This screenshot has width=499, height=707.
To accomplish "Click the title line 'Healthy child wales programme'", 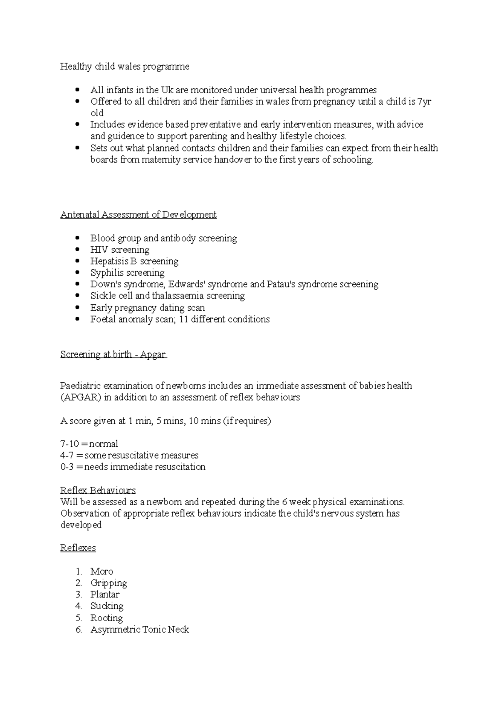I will click(125, 67).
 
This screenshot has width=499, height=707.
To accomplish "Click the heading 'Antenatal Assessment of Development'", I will click(138, 215).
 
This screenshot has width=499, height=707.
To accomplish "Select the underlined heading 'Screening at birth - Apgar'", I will click(113, 355).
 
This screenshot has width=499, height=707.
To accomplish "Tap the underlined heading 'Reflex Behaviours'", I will click(98, 490).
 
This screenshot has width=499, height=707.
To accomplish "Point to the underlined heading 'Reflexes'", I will click(78, 548).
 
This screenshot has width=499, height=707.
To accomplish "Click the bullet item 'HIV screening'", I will click(120, 250).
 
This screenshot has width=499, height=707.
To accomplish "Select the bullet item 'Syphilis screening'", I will click(127, 273).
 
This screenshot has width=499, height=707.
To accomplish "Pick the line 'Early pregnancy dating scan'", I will click(148, 308).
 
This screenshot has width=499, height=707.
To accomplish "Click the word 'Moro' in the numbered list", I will click(102, 572).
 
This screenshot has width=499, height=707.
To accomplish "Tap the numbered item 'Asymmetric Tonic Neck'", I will click(140, 630).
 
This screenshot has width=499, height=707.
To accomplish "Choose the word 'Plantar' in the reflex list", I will click(105, 595).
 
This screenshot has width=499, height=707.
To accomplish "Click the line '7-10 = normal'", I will click(89, 444).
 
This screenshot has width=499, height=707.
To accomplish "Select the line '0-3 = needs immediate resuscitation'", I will click(133, 467).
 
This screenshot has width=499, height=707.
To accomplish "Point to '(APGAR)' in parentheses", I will click(81, 398).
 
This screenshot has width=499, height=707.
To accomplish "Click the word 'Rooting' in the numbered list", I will click(106, 618).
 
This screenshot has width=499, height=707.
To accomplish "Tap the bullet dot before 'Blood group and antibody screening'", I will click(77, 239).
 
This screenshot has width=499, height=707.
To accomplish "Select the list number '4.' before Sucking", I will click(79, 606).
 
